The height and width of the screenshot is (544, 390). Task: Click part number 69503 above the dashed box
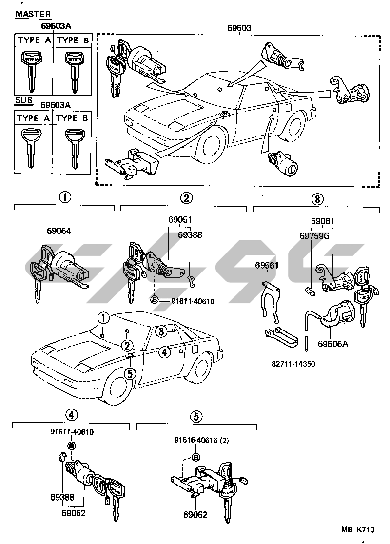pyautogui.click(x=239, y=28)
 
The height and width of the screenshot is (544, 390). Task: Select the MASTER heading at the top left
pyautogui.click(x=33, y=14)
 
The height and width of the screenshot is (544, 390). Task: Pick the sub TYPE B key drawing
pyautogui.click(x=74, y=149)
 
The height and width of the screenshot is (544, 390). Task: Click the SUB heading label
pyautogui.click(x=23, y=100)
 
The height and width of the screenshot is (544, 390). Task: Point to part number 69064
pyautogui.click(x=58, y=231)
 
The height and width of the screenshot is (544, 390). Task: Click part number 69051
pyautogui.click(x=180, y=220)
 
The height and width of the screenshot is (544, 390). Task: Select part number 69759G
pyautogui.click(x=314, y=235)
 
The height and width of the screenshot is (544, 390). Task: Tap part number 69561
pyautogui.click(x=267, y=265)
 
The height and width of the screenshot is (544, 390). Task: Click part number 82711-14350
pyautogui.click(x=293, y=364)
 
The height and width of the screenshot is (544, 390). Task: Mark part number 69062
pyautogui.click(x=195, y=514)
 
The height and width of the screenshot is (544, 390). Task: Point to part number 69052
pyautogui.click(x=74, y=512)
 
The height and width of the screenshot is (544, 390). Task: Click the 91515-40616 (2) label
pyautogui.click(x=202, y=440)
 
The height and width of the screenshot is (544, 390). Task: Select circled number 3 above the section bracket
pyautogui.click(x=317, y=199)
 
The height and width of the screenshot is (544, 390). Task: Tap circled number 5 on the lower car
pyautogui.click(x=130, y=374)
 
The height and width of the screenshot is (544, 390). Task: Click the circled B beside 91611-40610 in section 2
pyautogui.click(x=155, y=300)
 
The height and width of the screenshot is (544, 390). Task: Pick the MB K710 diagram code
pyautogui.click(x=357, y=529)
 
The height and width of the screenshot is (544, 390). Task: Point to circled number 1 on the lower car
pyautogui.click(x=103, y=317)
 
